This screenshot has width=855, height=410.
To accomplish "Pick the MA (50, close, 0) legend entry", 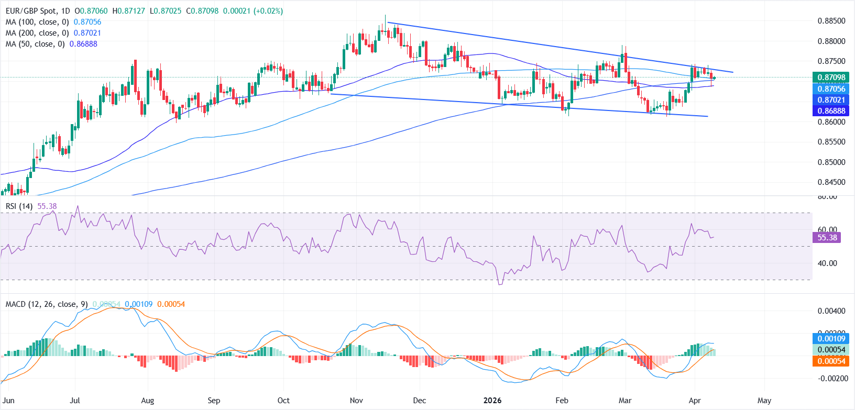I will [x=36, y=44].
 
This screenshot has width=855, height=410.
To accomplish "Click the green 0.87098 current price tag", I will [x=831, y=77].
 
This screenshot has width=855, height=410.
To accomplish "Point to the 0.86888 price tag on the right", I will [x=831, y=111].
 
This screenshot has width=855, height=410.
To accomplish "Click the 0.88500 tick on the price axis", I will [x=831, y=21].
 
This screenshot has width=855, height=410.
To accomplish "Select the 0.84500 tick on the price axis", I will [x=831, y=182].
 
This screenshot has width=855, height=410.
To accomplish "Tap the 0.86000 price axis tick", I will [x=831, y=122].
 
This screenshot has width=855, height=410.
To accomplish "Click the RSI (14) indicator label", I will [x=19, y=206].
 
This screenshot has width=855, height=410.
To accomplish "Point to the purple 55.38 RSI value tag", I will [x=827, y=238].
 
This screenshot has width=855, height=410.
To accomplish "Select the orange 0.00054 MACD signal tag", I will [x=831, y=361].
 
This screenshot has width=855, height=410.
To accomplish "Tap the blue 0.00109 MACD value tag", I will [x=831, y=339].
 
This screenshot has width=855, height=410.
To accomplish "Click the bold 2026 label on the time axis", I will [x=492, y=401].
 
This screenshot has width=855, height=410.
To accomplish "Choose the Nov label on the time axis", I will [x=356, y=401].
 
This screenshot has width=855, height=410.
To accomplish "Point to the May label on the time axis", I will [x=764, y=401].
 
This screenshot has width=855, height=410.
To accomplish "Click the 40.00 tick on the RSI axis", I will [x=827, y=263].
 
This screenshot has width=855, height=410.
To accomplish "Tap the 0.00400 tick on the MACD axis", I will [x=831, y=311].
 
